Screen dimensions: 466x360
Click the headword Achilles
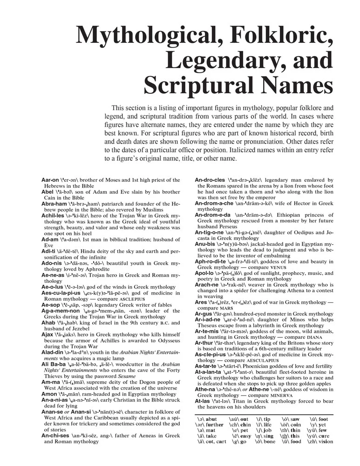52,216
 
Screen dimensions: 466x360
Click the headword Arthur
207,343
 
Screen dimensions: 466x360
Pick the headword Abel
48,192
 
